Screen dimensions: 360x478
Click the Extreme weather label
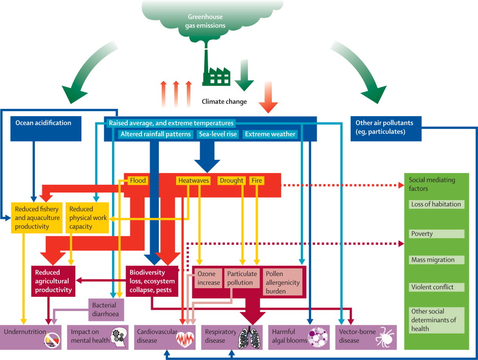tap(270, 134)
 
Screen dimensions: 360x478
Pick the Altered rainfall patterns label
tap(156, 134)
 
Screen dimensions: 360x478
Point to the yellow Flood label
tap(137, 180)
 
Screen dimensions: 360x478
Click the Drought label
tap(232, 180)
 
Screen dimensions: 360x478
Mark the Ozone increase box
tap(208, 279)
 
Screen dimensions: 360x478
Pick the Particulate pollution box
tap(242, 279)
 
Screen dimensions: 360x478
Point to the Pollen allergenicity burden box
tap(282, 282)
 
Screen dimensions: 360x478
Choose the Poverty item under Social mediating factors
tap(437, 234)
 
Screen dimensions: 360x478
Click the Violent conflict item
tap(437, 287)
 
